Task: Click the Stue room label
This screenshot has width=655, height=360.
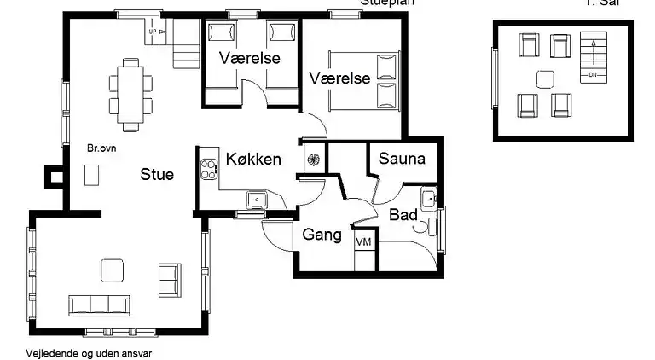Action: pyautogui.click(x=157, y=175)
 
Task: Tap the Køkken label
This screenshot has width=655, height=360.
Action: pyautogui.click(x=253, y=159)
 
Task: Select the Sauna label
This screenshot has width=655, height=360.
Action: pyautogui.click(x=402, y=159)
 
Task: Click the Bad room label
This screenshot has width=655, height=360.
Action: pyautogui.click(x=403, y=214)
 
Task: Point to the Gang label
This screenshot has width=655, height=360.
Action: pyautogui.click(x=322, y=235)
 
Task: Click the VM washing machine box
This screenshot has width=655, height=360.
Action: pyautogui.click(x=364, y=242)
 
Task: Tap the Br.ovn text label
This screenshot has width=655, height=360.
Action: pyautogui.click(x=102, y=148)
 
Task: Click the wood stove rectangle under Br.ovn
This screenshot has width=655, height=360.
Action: pyautogui.click(x=91, y=174)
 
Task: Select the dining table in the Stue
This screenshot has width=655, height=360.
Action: pyautogui.click(x=130, y=88)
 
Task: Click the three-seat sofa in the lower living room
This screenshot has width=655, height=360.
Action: pyautogui.click(x=100, y=305)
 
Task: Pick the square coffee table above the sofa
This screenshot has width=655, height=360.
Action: pyautogui.click(x=113, y=270)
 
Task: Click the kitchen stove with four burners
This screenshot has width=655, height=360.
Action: pyautogui.click(x=208, y=169)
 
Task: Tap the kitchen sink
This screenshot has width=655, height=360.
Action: pyautogui.click(x=256, y=200)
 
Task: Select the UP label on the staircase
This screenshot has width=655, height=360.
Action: pyautogui.click(x=154, y=32)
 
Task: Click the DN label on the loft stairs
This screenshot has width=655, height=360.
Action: pyautogui.click(x=590, y=75)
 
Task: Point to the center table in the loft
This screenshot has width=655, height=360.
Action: pyautogui.click(x=545, y=79)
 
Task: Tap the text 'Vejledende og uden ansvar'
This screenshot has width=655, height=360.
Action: pyautogui.click(x=81, y=351)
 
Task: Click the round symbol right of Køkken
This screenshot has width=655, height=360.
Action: pyautogui.click(x=312, y=159)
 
